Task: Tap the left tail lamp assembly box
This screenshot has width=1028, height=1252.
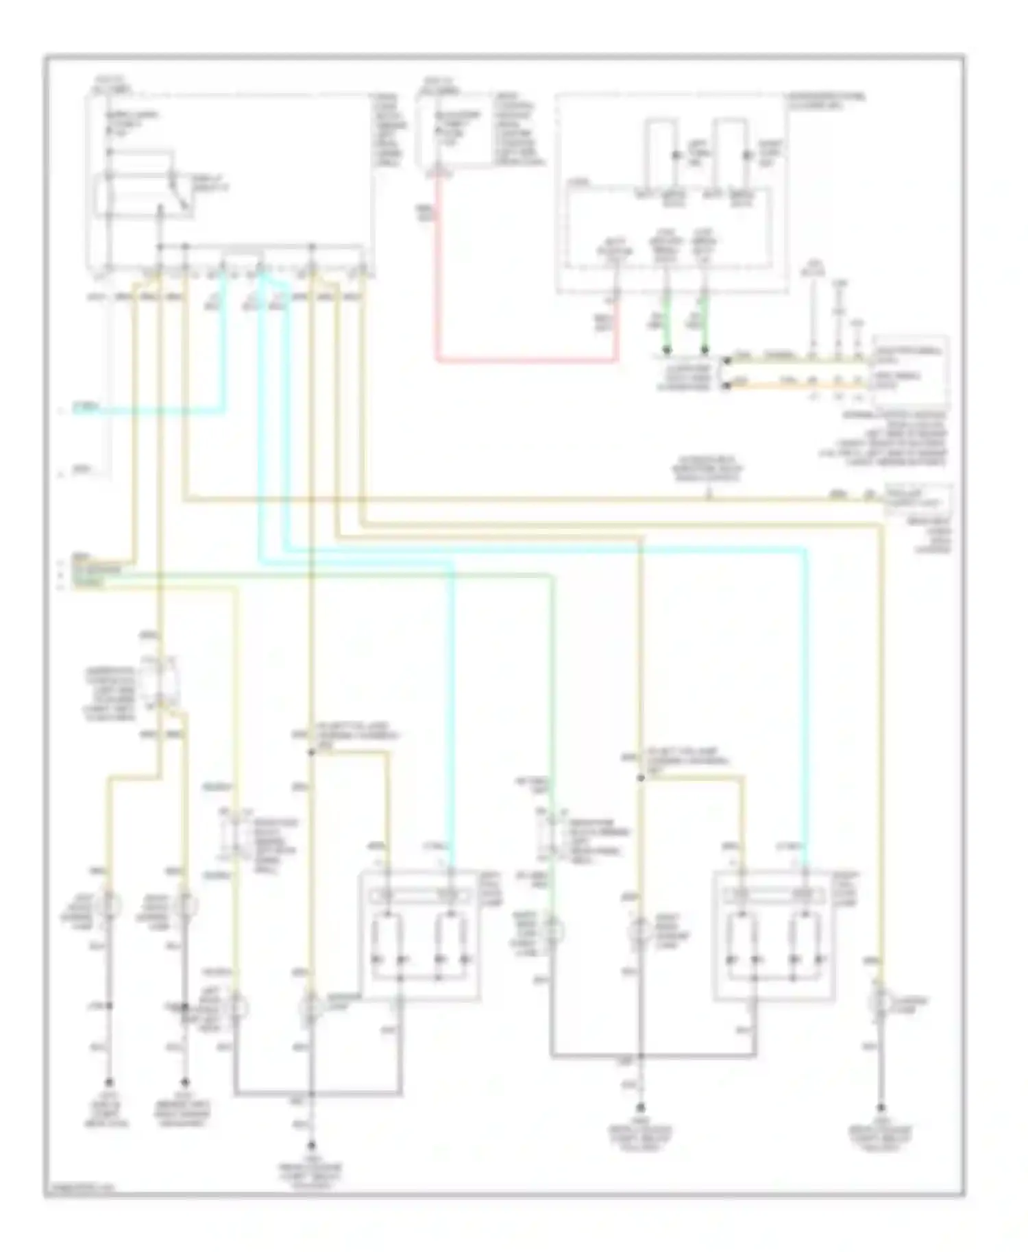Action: (419, 935)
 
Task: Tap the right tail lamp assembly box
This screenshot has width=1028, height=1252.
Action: (774, 935)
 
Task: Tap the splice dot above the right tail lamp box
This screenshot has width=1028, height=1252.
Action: (641, 777)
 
